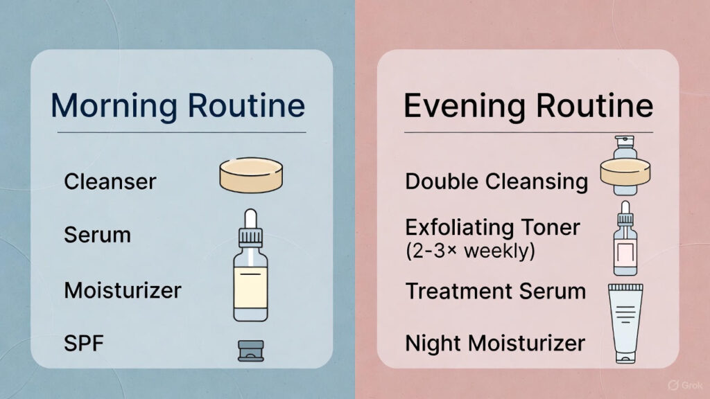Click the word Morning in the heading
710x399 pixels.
114,106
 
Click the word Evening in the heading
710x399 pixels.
465,106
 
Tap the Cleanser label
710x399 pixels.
110,181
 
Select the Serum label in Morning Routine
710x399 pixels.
97,235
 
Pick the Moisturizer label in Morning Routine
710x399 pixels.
123,290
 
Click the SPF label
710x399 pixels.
84,344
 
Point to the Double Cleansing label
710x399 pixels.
496,182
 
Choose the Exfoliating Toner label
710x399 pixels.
493,227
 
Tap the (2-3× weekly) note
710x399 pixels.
471,251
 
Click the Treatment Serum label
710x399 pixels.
496,291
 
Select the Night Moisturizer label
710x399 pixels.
495,344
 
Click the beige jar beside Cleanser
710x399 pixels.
251,175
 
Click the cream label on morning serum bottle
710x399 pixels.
250,287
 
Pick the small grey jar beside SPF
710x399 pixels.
251,351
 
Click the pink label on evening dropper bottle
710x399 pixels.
625,254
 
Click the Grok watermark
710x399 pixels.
686,385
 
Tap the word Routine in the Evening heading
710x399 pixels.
595,106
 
